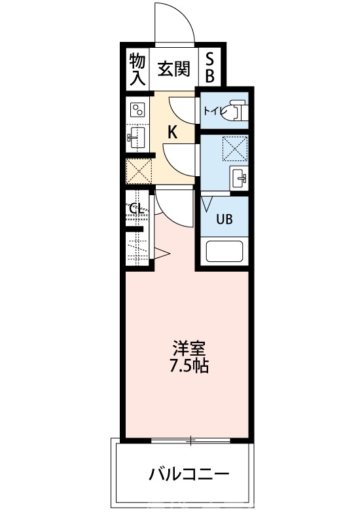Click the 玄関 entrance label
[173, 69]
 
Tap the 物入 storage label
[137, 69]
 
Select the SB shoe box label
[209, 68]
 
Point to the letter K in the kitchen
[172, 132]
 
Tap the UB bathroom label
[225, 219]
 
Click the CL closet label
[136, 210]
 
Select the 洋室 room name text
[189, 348]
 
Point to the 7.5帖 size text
[189, 366]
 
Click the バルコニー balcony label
[189, 474]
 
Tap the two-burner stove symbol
[137, 109]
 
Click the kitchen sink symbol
[136, 138]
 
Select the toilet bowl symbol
[236, 110]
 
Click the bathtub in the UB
[225, 252]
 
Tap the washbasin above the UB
[238, 177]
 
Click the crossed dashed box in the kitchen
[138, 171]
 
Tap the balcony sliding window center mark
[190, 441]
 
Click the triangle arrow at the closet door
[162, 253]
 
